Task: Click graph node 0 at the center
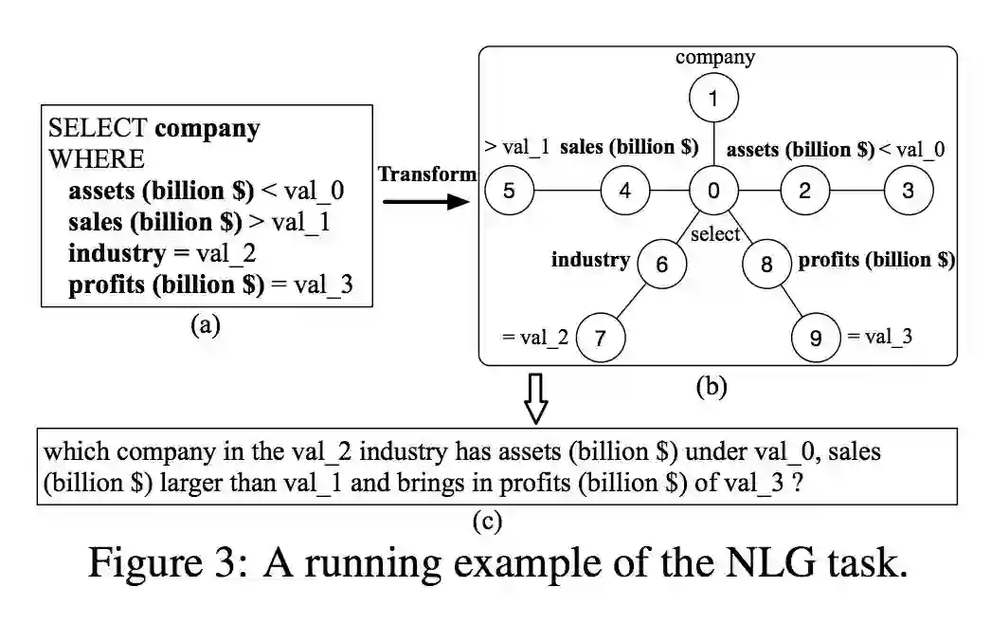(713, 191)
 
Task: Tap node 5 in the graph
(509, 191)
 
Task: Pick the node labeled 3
(908, 191)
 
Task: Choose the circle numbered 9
(816, 337)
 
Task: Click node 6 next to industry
(662, 265)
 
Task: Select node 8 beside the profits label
(766, 265)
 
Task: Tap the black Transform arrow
(426, 200)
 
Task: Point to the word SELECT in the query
(98, 128)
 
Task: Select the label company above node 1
(715, 58)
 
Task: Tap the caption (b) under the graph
(711, 387)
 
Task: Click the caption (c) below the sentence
(488, 521)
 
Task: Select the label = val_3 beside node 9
(880, 336)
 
